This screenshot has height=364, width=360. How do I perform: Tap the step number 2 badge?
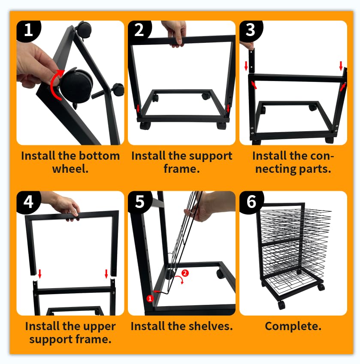click(x=139, y=30)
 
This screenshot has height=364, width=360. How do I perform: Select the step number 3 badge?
click(x=251, y=30)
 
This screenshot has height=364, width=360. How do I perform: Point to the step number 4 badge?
click(x=28, y=202)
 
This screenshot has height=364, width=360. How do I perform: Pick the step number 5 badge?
click(x=140, y=202)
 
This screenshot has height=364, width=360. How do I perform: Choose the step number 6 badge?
click(x=251, y=202)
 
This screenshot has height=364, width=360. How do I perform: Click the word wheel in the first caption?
click(x=70, y=169)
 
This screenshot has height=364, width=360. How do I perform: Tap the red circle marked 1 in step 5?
click(x=150, y=298)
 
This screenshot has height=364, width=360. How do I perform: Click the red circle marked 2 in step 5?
click(x=185, y=273)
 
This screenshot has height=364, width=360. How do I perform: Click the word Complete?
click(x=293, y=326)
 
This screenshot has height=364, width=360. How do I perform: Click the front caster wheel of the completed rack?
click(x=281, y=305)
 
